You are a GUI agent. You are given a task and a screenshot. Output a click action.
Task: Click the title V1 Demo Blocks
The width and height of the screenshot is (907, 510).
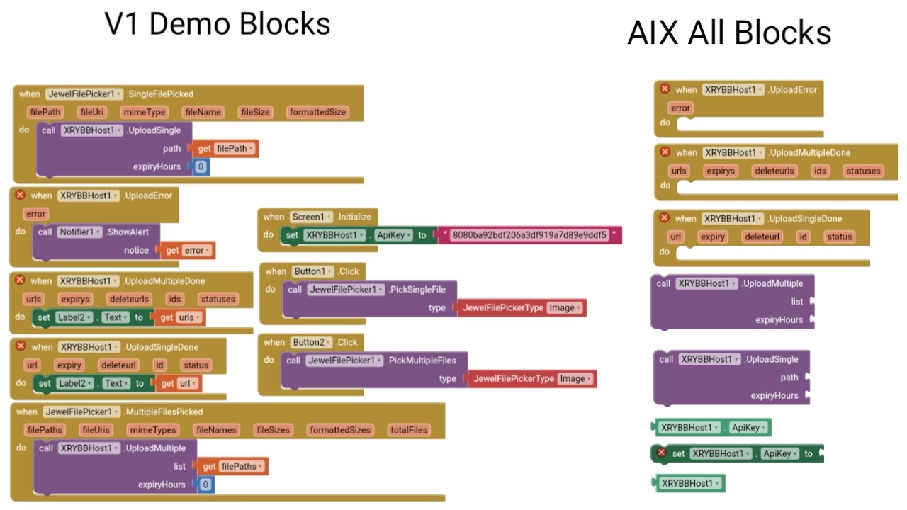pyautogui.click(x=218, y=24)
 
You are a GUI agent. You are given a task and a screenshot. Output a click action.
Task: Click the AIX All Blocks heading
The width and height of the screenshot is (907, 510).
pyautogui.click(x=729, y=33)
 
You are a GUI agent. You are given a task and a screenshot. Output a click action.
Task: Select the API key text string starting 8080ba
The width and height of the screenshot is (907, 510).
pyautogui.click(x=529, y=235)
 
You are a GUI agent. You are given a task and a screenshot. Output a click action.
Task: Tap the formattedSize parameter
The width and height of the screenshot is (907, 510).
pyautogui.click(x=317, y=112)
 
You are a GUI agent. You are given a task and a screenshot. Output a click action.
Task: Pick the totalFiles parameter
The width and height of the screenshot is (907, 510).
pyautogui.click(x=409, y=430)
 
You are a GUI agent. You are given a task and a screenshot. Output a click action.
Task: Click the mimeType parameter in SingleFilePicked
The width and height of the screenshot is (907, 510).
pyautogui.click(x=144, y=112)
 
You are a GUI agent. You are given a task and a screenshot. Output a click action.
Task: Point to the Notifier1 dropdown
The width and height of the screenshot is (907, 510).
pyautogui.click(x=79, y=232)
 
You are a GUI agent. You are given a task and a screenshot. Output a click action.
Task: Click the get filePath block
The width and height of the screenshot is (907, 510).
pyautogui.click(x=225, y=149)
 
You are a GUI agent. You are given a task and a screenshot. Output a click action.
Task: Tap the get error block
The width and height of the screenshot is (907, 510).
pyautogui.click(x=188, y=250)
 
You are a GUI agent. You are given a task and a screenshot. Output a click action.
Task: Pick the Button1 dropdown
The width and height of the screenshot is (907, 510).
pyautogui.click(x=312, y=271)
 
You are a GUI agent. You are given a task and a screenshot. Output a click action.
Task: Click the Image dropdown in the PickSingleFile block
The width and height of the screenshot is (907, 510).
pyautogui.click(x=565, y=307)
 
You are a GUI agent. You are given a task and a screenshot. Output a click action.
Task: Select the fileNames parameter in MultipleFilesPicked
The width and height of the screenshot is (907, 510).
pyautogui.click(x=215, y=430)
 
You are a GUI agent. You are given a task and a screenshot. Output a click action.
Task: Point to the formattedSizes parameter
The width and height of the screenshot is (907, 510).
pyautogui.click(x=340, y=430)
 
